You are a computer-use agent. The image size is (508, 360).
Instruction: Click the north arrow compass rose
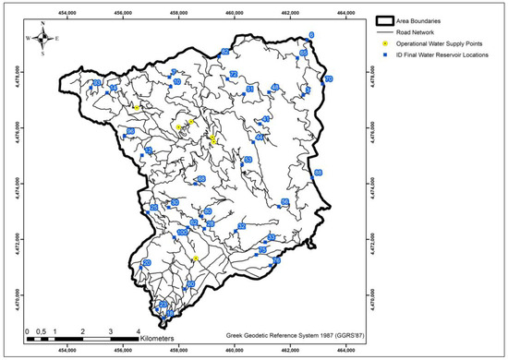[42, 39]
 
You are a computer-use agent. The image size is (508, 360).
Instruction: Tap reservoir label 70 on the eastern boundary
[327, 79]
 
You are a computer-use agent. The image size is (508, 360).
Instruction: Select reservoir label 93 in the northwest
[97, 83]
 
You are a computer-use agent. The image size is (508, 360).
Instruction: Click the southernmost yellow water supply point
[196, 258]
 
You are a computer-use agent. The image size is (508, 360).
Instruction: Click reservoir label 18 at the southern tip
[169, 314]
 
